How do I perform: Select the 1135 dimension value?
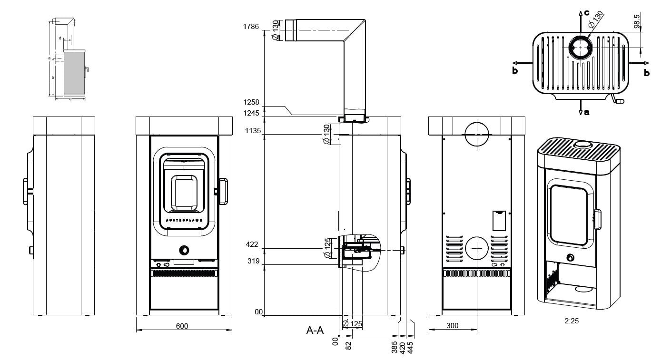coord(265,131)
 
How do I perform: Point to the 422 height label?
coord(265,244)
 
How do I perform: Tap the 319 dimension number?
coord(265,261)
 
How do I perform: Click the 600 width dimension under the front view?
coord(182,326)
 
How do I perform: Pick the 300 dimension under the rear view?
coord(453,326)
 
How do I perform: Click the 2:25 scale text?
coord(572,321)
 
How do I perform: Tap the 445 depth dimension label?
coord(411,344)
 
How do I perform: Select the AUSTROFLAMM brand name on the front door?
coord(184,221)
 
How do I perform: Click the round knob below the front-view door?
coord(184,250)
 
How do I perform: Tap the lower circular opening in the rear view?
coord(476,248)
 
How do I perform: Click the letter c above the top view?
coord(587,12)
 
